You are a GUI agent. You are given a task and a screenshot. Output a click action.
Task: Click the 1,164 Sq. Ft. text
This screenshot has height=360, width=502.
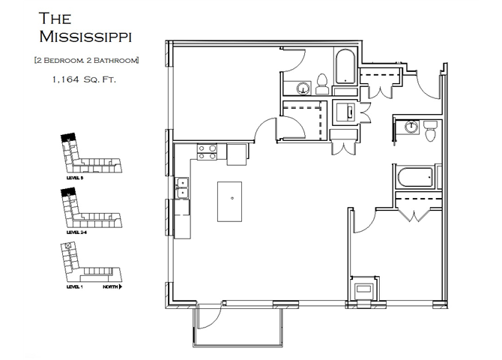coord(82,77)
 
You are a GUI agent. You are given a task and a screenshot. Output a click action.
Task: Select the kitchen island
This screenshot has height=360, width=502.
coord(234,200)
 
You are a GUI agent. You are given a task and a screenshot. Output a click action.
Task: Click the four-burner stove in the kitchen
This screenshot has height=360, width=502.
coord(207,151)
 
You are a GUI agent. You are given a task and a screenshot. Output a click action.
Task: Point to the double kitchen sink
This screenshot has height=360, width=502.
coord(182,187)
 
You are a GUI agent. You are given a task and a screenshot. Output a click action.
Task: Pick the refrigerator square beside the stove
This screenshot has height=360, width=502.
coord(237,154)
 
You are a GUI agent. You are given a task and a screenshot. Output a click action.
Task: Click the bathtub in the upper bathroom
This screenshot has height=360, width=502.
coord(345,67)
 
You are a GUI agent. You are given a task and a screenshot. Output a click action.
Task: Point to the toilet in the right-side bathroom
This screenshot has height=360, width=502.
coord(429,131)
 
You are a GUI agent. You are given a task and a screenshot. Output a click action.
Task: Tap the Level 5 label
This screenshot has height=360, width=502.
coord(73,178)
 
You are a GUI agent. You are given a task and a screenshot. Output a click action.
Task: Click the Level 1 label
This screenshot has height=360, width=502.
coord(73,286)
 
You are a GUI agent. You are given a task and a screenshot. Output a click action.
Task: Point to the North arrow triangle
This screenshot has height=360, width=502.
coord(120,286)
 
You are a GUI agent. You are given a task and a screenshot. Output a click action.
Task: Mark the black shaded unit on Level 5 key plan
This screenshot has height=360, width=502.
coord(67,136)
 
